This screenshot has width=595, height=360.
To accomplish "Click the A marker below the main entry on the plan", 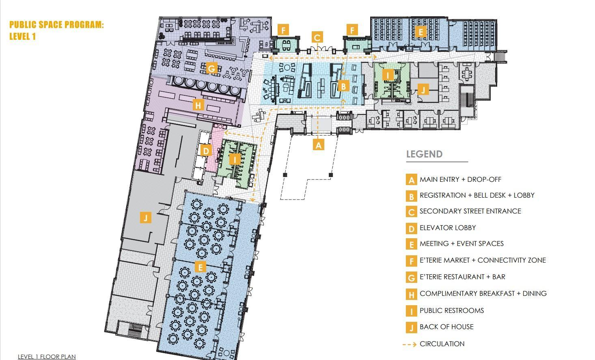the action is pos(318,145).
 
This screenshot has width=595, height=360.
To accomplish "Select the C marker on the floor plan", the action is pos(317,37).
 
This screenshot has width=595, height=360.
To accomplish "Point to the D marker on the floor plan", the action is pos(206,151).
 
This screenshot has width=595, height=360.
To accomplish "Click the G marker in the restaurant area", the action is pos(212,68).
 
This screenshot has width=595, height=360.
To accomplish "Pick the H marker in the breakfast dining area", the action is pos(198,105).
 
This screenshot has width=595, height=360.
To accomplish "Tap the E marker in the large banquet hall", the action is pos(200,267).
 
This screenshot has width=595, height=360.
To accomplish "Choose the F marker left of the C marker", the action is pos(283,30).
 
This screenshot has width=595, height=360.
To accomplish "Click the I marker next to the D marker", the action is pos(235,160).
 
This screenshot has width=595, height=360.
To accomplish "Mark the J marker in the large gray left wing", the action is pos(146,218).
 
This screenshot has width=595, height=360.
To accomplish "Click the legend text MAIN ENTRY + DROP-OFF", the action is pos(460,179).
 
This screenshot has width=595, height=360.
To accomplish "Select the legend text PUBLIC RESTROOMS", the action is pos(452,310).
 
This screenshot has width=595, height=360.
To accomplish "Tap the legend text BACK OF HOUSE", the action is pos(446,327).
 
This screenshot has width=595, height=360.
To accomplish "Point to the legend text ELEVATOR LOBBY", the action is pos(448,228).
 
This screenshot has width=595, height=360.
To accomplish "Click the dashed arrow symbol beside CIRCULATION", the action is pos(410,344).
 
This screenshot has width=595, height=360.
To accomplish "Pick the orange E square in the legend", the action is pos(412,244).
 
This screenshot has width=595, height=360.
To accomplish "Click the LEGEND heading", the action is pos(424,154).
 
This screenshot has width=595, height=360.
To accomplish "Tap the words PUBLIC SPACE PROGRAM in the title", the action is pos(56,25).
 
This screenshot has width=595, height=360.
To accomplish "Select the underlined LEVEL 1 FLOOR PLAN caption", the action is pos(47,356).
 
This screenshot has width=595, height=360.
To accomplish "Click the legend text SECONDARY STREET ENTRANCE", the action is pos(470,211).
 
